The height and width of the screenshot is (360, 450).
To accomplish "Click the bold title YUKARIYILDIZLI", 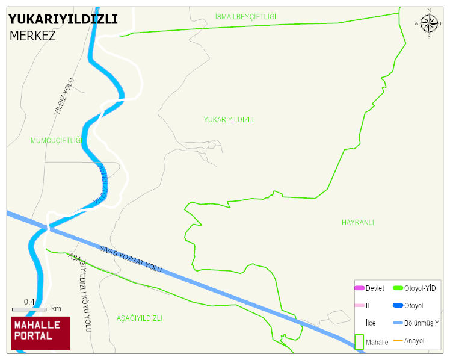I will coord(63,19).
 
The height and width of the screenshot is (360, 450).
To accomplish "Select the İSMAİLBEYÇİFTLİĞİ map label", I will coord(245,16).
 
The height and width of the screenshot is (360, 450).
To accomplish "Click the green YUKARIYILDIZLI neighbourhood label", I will coord(229,120).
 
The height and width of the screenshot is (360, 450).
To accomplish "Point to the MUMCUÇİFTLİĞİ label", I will coord(55,141).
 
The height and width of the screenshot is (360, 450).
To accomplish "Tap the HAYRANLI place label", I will coord(357,222).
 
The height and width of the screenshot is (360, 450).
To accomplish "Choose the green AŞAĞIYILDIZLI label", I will coord(139,318).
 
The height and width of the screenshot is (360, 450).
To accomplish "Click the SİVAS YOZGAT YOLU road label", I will coord(131,258).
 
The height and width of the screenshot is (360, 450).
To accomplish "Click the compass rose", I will coord(429,23).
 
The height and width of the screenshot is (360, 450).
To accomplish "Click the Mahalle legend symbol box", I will coord(359,342).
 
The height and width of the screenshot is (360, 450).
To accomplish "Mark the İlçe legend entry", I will coord(371,323).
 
